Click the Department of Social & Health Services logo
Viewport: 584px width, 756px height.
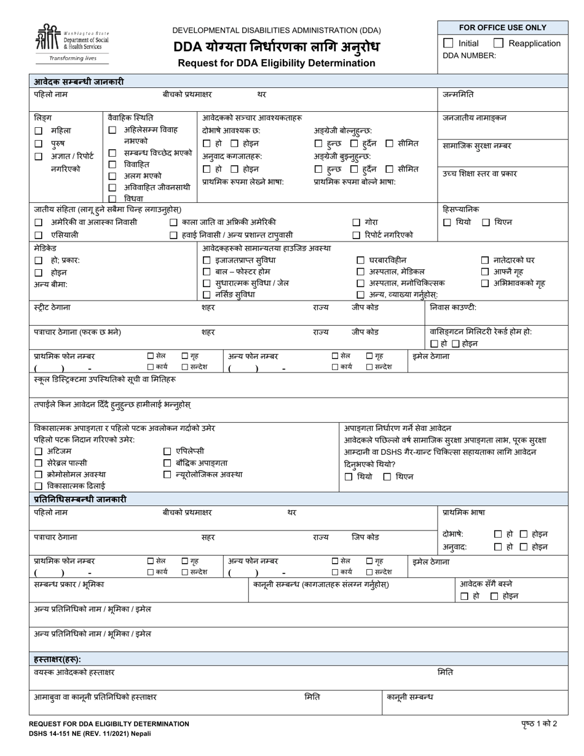[x=71, y=43]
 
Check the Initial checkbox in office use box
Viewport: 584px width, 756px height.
[x=448, y=43]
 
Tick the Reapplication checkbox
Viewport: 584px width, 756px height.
[x=499, y=43]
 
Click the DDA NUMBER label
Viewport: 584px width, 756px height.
[x=469, y=55]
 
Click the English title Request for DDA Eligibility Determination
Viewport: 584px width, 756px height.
[x=276, y=63]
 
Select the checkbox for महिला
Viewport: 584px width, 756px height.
[x=39, y=131]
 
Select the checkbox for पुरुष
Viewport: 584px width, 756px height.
[x=39, y=144]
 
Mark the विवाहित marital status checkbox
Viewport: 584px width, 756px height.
[x=112, y=165]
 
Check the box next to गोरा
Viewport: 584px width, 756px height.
[x=357, y=222]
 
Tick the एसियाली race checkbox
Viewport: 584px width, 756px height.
[x=39, y=235]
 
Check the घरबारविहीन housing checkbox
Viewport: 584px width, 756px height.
[x=361, y=261]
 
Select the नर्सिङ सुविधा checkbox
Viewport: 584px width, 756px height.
[x=207, y=295]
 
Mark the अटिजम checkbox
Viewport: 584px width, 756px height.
[x=39, y=452]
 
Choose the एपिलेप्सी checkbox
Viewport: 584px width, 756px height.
[x=167, y=452]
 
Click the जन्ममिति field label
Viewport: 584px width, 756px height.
[x=458, y=95]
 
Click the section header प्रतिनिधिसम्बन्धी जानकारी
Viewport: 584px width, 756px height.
[x=80, y=500]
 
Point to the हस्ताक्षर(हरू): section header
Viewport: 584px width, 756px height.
[x=57, y=659]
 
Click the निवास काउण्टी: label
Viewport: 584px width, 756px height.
[x=453, y=307]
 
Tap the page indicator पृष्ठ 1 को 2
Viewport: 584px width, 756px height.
[x=539, y=723]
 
